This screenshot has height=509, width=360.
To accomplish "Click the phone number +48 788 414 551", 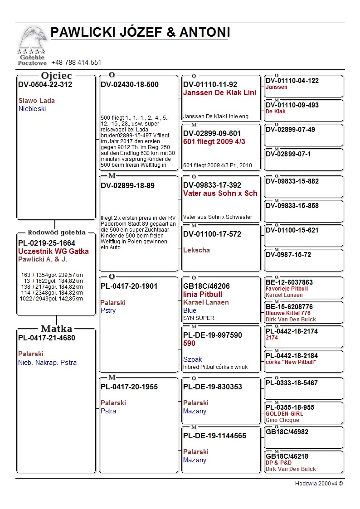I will [x=76, y=63].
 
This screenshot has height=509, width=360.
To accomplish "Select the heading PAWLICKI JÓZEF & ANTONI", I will [x=140, y=33].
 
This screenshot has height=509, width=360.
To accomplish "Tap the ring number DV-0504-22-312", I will [x=45, y=85].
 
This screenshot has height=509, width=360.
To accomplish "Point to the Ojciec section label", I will [x=56, y=76].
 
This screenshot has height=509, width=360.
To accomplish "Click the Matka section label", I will [x=56, y=329].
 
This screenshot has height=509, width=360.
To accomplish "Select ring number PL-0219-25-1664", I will [x=47, y=243].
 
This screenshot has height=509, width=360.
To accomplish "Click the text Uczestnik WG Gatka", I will [x=54, y=252].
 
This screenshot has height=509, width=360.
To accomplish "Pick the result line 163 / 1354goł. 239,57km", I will [x=52, y=275].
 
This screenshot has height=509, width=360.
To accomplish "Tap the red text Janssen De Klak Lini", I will [x=219, y=93].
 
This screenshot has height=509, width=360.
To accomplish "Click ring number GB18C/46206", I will [x=206, y=286].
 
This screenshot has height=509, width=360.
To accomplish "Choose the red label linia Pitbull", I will [x=203, y=295].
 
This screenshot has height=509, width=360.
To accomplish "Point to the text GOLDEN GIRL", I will [x=284, y=414].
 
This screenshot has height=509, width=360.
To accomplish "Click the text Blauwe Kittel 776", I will [x=288, y=313].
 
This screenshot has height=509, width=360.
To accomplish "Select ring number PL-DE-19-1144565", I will [x=214, y=436].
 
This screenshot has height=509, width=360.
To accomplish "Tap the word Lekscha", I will [x=196, y=250].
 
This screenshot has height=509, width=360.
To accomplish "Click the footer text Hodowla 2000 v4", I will [x=319, y=484].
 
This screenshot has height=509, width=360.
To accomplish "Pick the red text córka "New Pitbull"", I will [x=291, y=362].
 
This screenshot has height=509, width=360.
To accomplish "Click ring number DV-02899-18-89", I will [x=127, y=185].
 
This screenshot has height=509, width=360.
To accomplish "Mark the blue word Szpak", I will [x=192, y=359].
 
